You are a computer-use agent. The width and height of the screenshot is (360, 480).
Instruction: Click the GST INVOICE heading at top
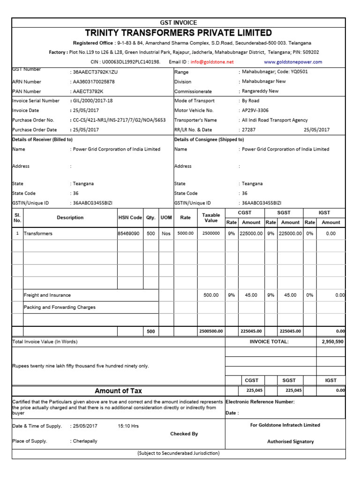pos(179,22)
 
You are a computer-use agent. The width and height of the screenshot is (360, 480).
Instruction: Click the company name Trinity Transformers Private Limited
pos(179,33)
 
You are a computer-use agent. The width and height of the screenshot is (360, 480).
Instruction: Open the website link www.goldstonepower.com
pos(293,62)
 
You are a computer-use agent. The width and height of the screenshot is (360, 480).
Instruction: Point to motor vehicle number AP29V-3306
pos(256,111)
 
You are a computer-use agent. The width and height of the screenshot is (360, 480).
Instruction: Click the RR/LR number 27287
pos(248,130)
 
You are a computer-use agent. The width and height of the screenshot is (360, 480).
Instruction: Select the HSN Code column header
pos(130,217)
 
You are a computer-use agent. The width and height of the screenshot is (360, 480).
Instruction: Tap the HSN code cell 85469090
pos(129,233)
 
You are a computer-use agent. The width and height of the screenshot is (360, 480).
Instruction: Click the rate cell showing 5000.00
pos(185,233)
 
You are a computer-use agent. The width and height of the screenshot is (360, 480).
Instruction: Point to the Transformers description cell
pos(38,233)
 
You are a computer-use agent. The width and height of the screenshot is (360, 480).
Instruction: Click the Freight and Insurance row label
pos(47,295)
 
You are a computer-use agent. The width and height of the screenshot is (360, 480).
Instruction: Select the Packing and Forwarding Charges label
pos(60,307)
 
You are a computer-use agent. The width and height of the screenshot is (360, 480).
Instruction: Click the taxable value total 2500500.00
pos(211,331)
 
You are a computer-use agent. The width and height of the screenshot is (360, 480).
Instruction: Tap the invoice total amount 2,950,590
pos(332,342)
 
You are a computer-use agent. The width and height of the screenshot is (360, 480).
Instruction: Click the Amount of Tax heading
pos(118,391)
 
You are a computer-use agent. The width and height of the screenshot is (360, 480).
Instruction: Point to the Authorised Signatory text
pos(291,442)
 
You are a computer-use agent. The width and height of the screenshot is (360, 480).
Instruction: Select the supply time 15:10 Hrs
pos(128,426)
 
